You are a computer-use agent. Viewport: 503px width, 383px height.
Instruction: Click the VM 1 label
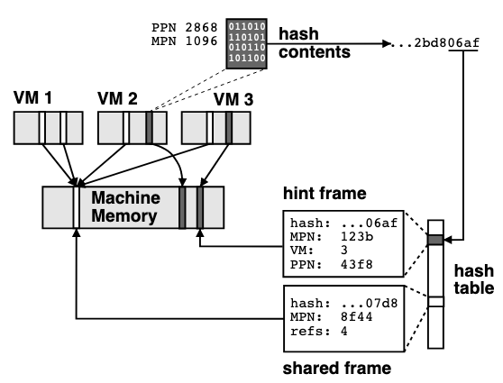point(35,96)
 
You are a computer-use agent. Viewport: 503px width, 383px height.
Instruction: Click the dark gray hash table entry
point(435,240)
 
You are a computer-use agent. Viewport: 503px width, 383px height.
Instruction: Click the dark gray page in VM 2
point(150,127)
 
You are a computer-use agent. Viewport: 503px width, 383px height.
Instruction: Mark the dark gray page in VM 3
point(229,127)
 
